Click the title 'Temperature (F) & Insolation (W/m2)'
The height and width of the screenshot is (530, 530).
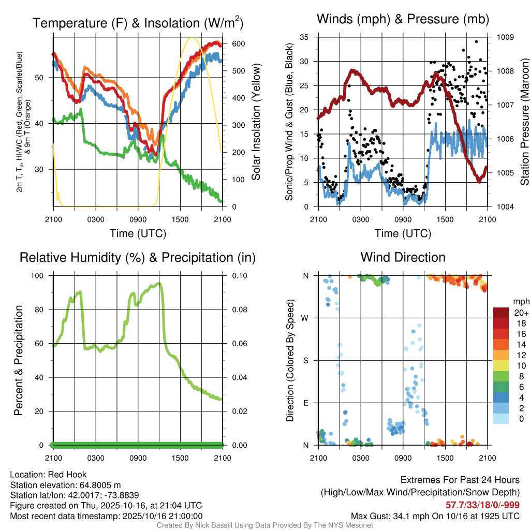click(x=138, y=23)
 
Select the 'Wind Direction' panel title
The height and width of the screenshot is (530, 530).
click(x=403, y=257)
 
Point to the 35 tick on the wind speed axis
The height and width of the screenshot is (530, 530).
click(x=304, y=37)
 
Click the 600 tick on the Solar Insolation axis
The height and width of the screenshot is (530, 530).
click(x=238, y=44)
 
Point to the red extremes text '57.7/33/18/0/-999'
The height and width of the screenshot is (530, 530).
click(x=482, y=505)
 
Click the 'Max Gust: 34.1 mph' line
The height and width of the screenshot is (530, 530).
click(x=435, y=516)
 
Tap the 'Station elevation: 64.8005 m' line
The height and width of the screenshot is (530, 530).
click(x=65, y=485)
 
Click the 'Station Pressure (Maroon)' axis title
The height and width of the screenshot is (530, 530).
click(x=524, y=122)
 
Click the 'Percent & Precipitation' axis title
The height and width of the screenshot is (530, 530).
click(x=19, y=360)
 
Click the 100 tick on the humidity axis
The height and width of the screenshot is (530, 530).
click(x=42, y=275)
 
